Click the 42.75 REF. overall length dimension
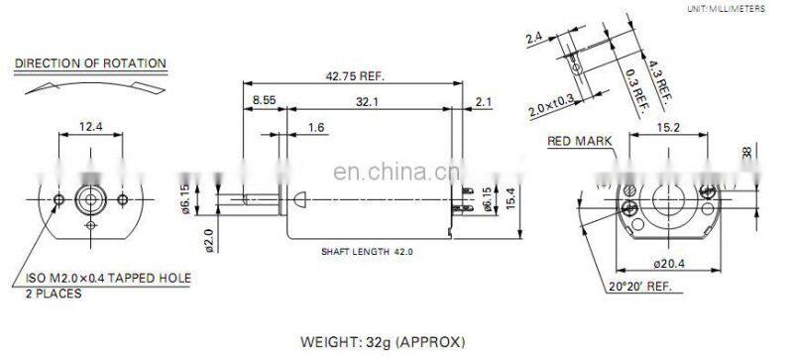coord(354,75)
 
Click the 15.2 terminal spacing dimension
coord(667,125)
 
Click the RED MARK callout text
coord(579,141)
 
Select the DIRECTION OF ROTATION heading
coord(90,63)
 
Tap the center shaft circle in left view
coord(90,199)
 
